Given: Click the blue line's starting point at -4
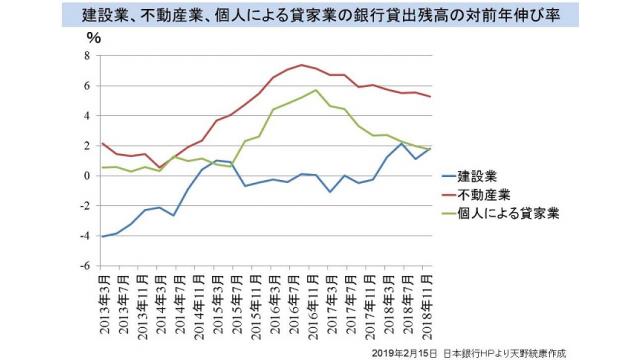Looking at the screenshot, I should coord(103,237).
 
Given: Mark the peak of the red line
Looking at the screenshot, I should coord(302,65).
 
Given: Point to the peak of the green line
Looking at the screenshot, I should coord(316,90).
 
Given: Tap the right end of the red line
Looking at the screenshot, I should coord(430,96).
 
